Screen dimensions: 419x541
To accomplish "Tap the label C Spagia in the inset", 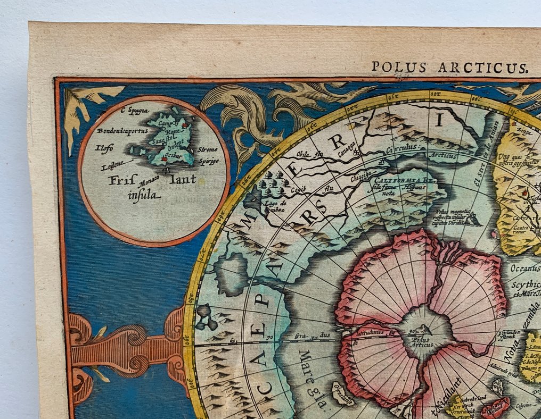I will pos(135,111).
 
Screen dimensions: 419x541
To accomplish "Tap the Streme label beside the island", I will pos(208,150).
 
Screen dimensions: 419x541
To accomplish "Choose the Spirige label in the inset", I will pos(208,161).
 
